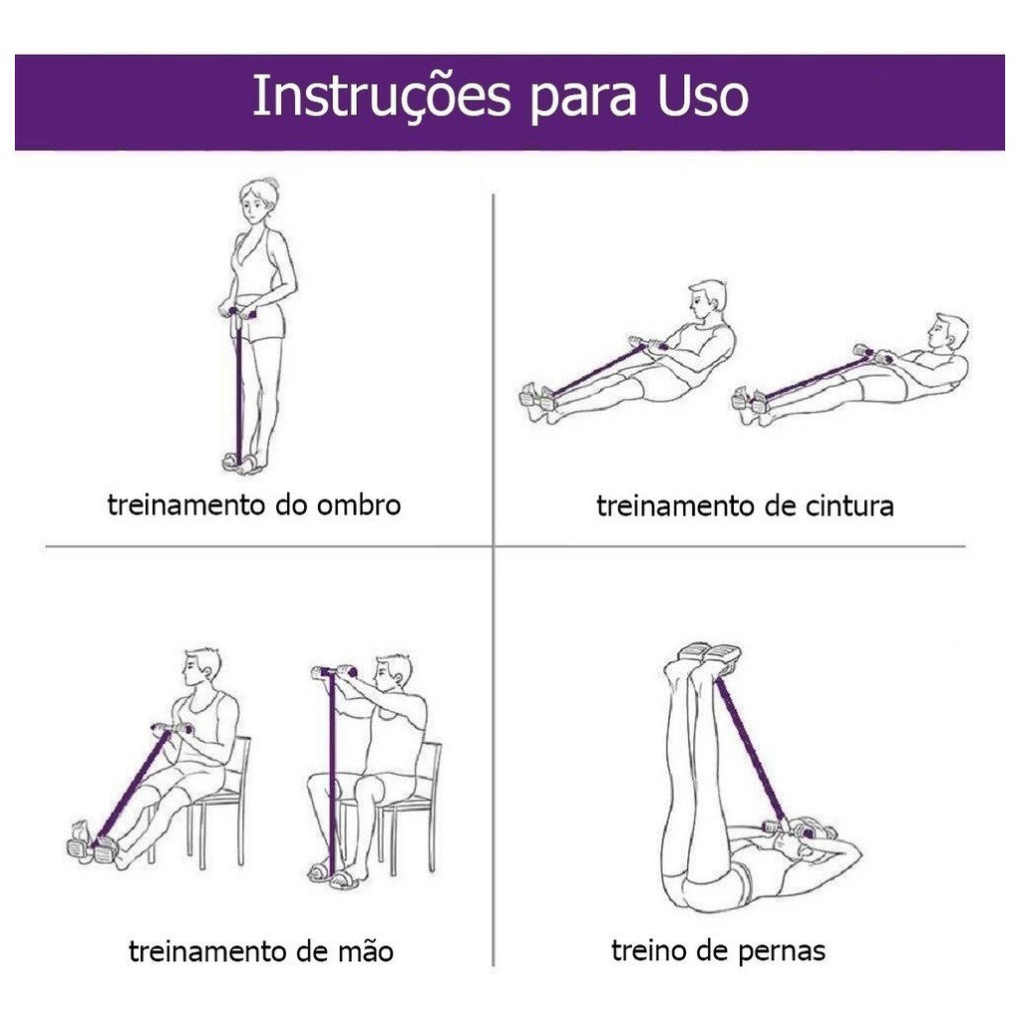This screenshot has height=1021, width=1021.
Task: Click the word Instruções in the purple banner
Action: (x=381, y=97)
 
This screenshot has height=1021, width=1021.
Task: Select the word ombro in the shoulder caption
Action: (x=358, y=506)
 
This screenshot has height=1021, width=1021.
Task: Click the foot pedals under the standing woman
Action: (x=242, y=462)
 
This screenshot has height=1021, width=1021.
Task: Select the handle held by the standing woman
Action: (x=238, y=312)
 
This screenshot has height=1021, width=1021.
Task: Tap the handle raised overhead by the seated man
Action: (x=334, y=671)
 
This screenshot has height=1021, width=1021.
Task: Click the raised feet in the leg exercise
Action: (x=709, y=655)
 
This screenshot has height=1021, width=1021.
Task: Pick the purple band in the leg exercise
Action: (x=750, y=750)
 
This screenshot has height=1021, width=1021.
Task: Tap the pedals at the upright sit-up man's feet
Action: (x=538, y=397)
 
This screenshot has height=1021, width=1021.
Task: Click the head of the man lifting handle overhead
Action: (x=393, y=674)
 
